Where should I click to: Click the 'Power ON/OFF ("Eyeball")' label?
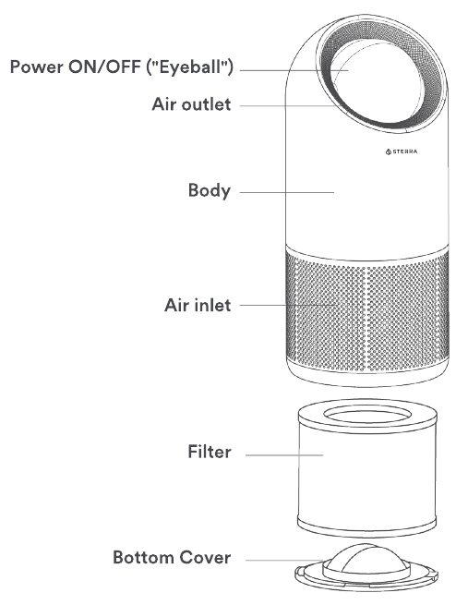pos(122,67)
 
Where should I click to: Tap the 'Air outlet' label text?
pos(191,104)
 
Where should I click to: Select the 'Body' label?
pos(210,190)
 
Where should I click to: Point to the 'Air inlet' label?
pos(198,305)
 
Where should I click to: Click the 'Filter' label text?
pos(210,452)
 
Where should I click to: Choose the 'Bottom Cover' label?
pos(172,557)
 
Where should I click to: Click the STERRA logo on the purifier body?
pos(402,151)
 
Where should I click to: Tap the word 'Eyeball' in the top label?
pos(190,67)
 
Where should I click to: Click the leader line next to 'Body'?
pos(287,192)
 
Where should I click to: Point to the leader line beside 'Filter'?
pos(284,455)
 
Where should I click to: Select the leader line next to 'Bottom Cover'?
pos(284,561)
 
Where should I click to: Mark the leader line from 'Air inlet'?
pos(289,305)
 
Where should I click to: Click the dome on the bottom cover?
pos(366,560)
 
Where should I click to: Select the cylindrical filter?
pos(367,467)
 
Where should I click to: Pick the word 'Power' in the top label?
pos(37,67)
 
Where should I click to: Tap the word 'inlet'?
pos(212,305)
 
